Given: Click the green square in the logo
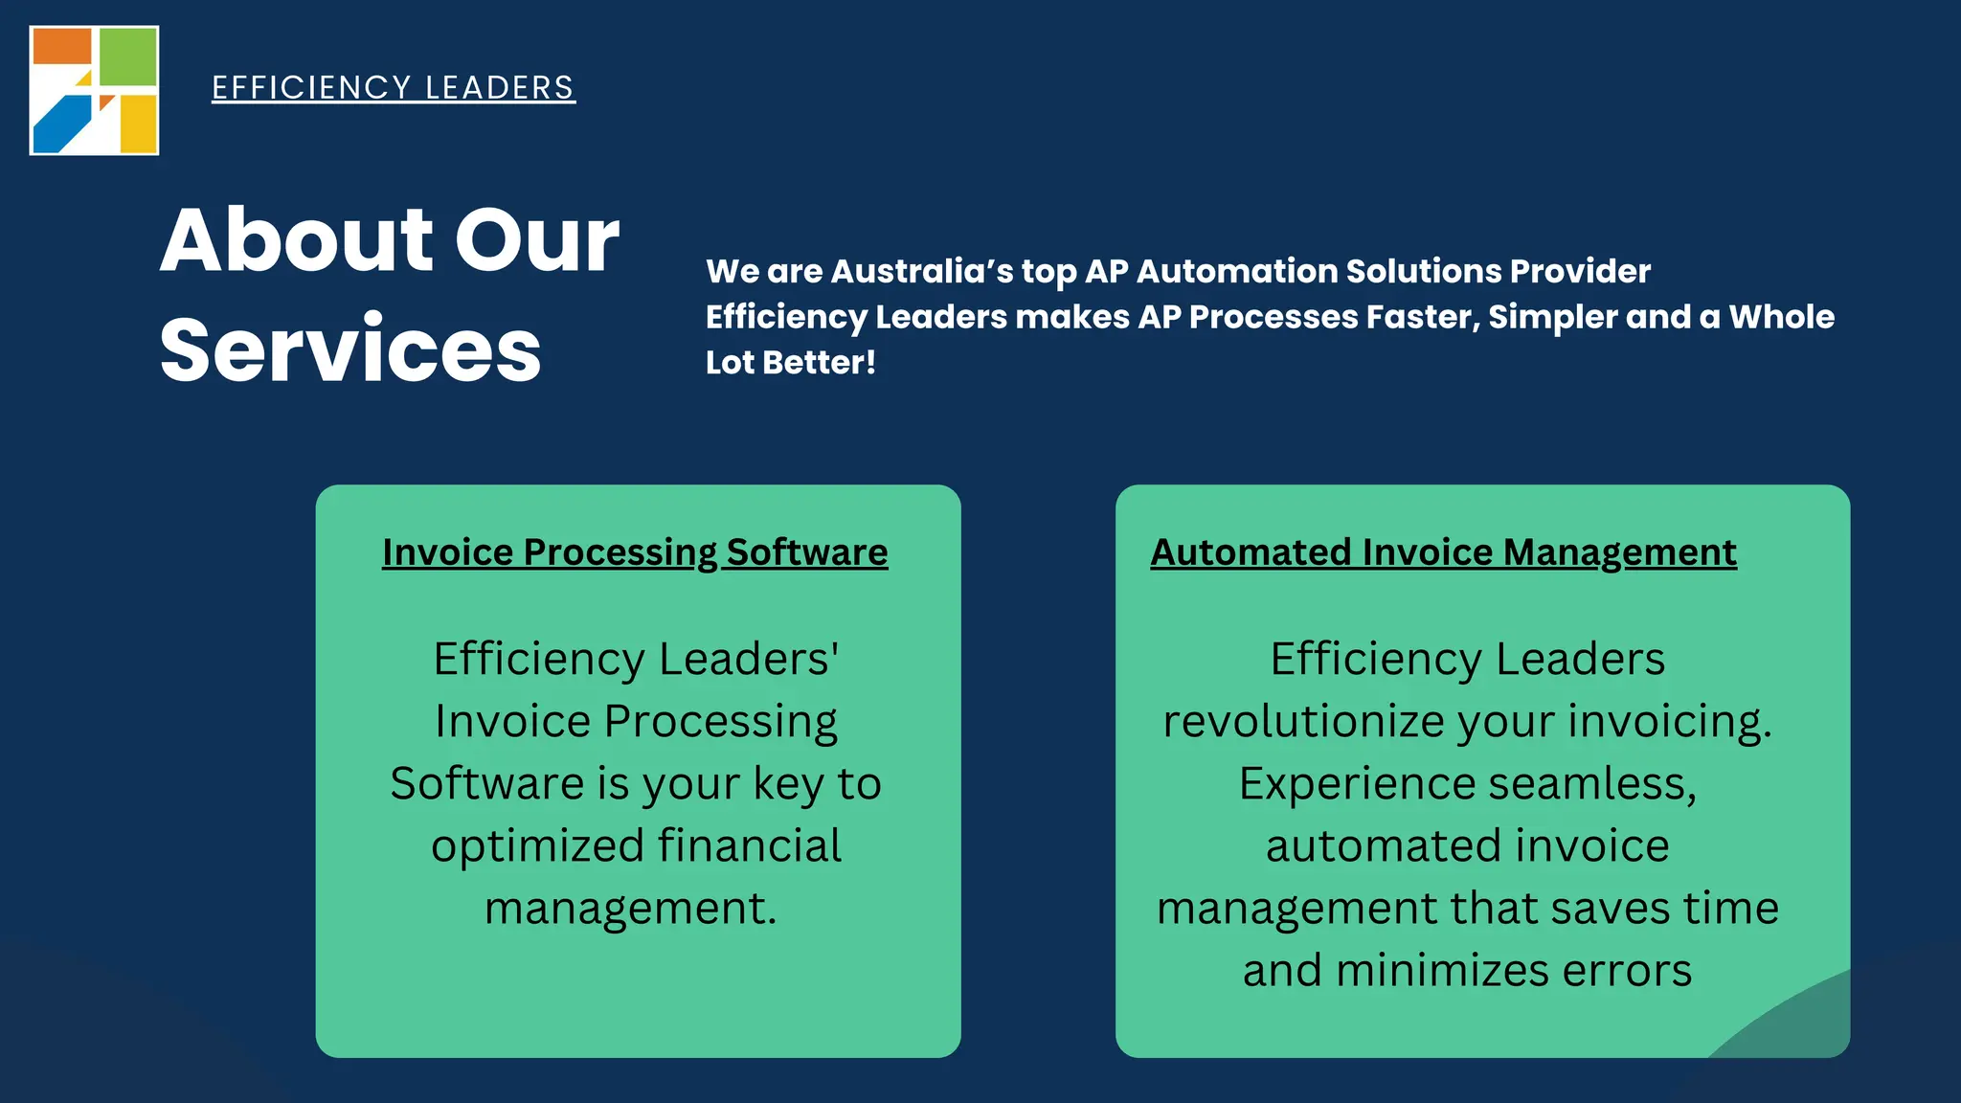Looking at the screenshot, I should pos(127,56).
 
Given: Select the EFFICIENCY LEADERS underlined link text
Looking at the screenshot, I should pos(393,88).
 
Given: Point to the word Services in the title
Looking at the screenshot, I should pos(350,350).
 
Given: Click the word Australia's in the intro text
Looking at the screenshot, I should pos(921,271).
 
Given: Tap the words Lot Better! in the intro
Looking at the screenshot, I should pos(790,363).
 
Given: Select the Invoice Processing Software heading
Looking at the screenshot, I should pos(635,552).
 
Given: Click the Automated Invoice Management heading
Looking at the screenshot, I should pos(1443,552).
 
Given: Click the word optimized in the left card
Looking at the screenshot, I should pos(537,846).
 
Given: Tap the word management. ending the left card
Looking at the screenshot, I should pos(630,909).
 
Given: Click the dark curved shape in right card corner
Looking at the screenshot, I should pos(1800,1024).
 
